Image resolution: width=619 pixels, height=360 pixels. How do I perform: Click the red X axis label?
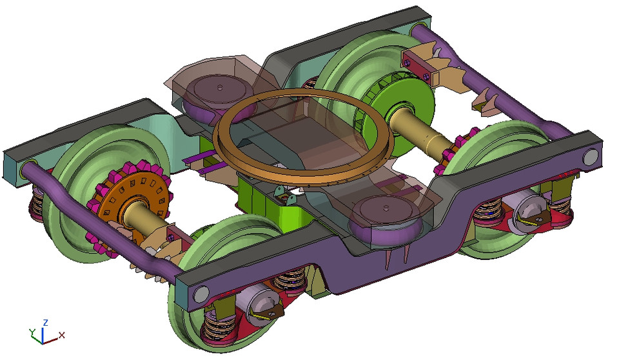click(x=62, y=335)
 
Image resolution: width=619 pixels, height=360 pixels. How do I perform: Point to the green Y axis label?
click(x=32, y=332)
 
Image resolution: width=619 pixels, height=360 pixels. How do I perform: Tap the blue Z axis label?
click(x=45, y=322)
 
